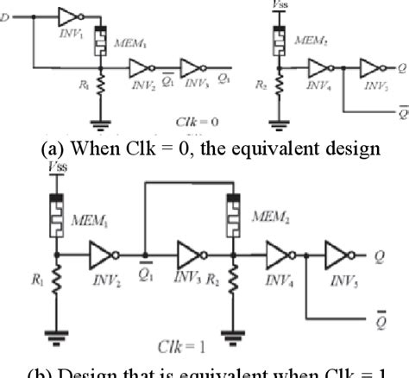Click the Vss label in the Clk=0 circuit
tap(278, 5)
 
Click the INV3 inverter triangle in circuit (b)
tap(189, 255)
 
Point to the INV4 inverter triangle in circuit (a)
tap(322, 67)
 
